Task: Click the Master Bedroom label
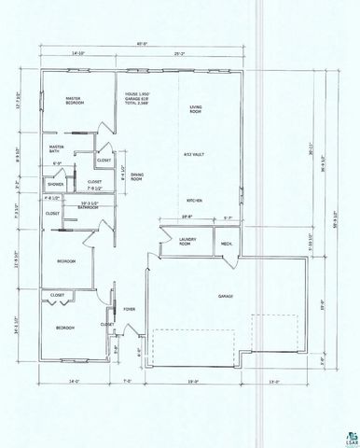click(75, 101)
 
